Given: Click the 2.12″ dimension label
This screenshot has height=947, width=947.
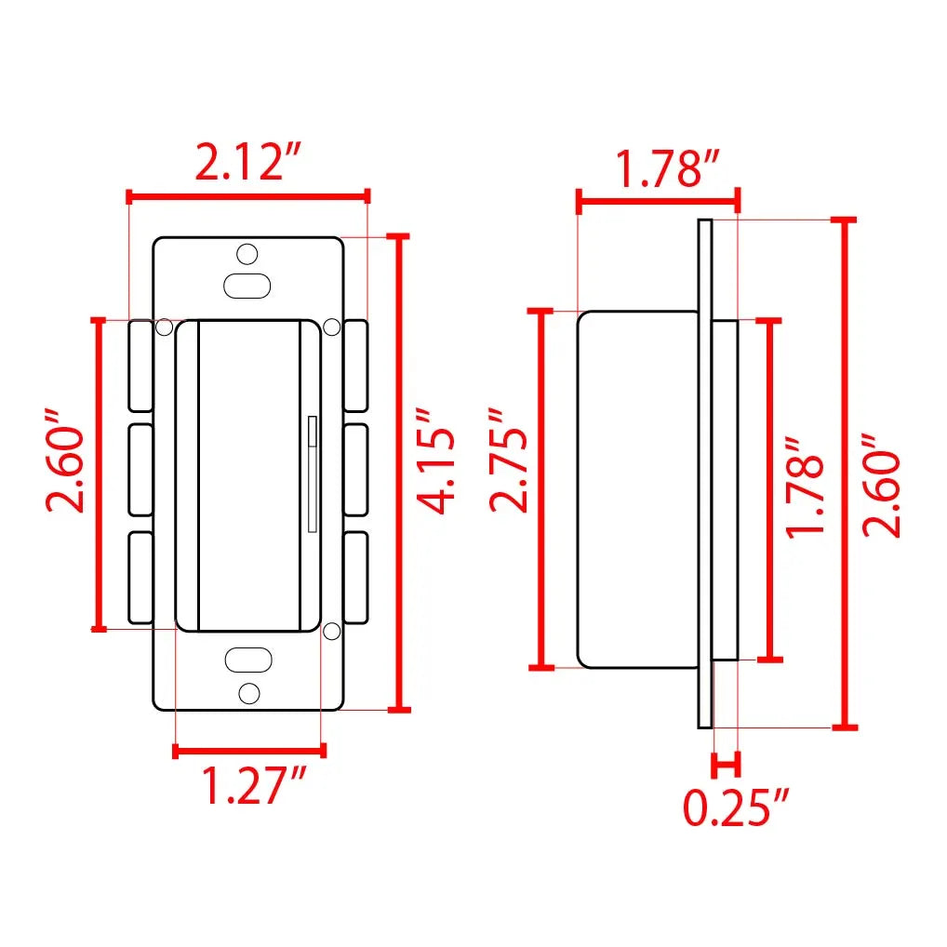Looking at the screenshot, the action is (x=247, y=162).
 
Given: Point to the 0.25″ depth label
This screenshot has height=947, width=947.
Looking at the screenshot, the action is (x=736, y=807).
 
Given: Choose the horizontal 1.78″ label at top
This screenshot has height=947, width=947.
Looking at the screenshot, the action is (x=667, y=168).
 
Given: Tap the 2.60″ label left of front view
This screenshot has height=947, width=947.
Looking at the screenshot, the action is (x=64, y=460).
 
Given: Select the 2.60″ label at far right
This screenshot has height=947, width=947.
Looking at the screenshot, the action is (x=881, y=485).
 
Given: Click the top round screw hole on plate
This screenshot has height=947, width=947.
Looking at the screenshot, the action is (x=247, y=254).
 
